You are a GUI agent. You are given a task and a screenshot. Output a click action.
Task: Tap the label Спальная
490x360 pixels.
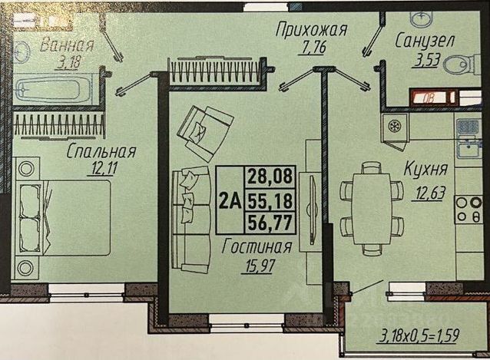point(101,152)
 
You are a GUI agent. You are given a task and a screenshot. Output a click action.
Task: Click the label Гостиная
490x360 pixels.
point(257,247)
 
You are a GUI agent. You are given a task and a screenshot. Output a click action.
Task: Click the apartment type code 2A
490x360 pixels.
point(230,201)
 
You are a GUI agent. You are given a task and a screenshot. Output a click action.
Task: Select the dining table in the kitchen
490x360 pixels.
point(372,206)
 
